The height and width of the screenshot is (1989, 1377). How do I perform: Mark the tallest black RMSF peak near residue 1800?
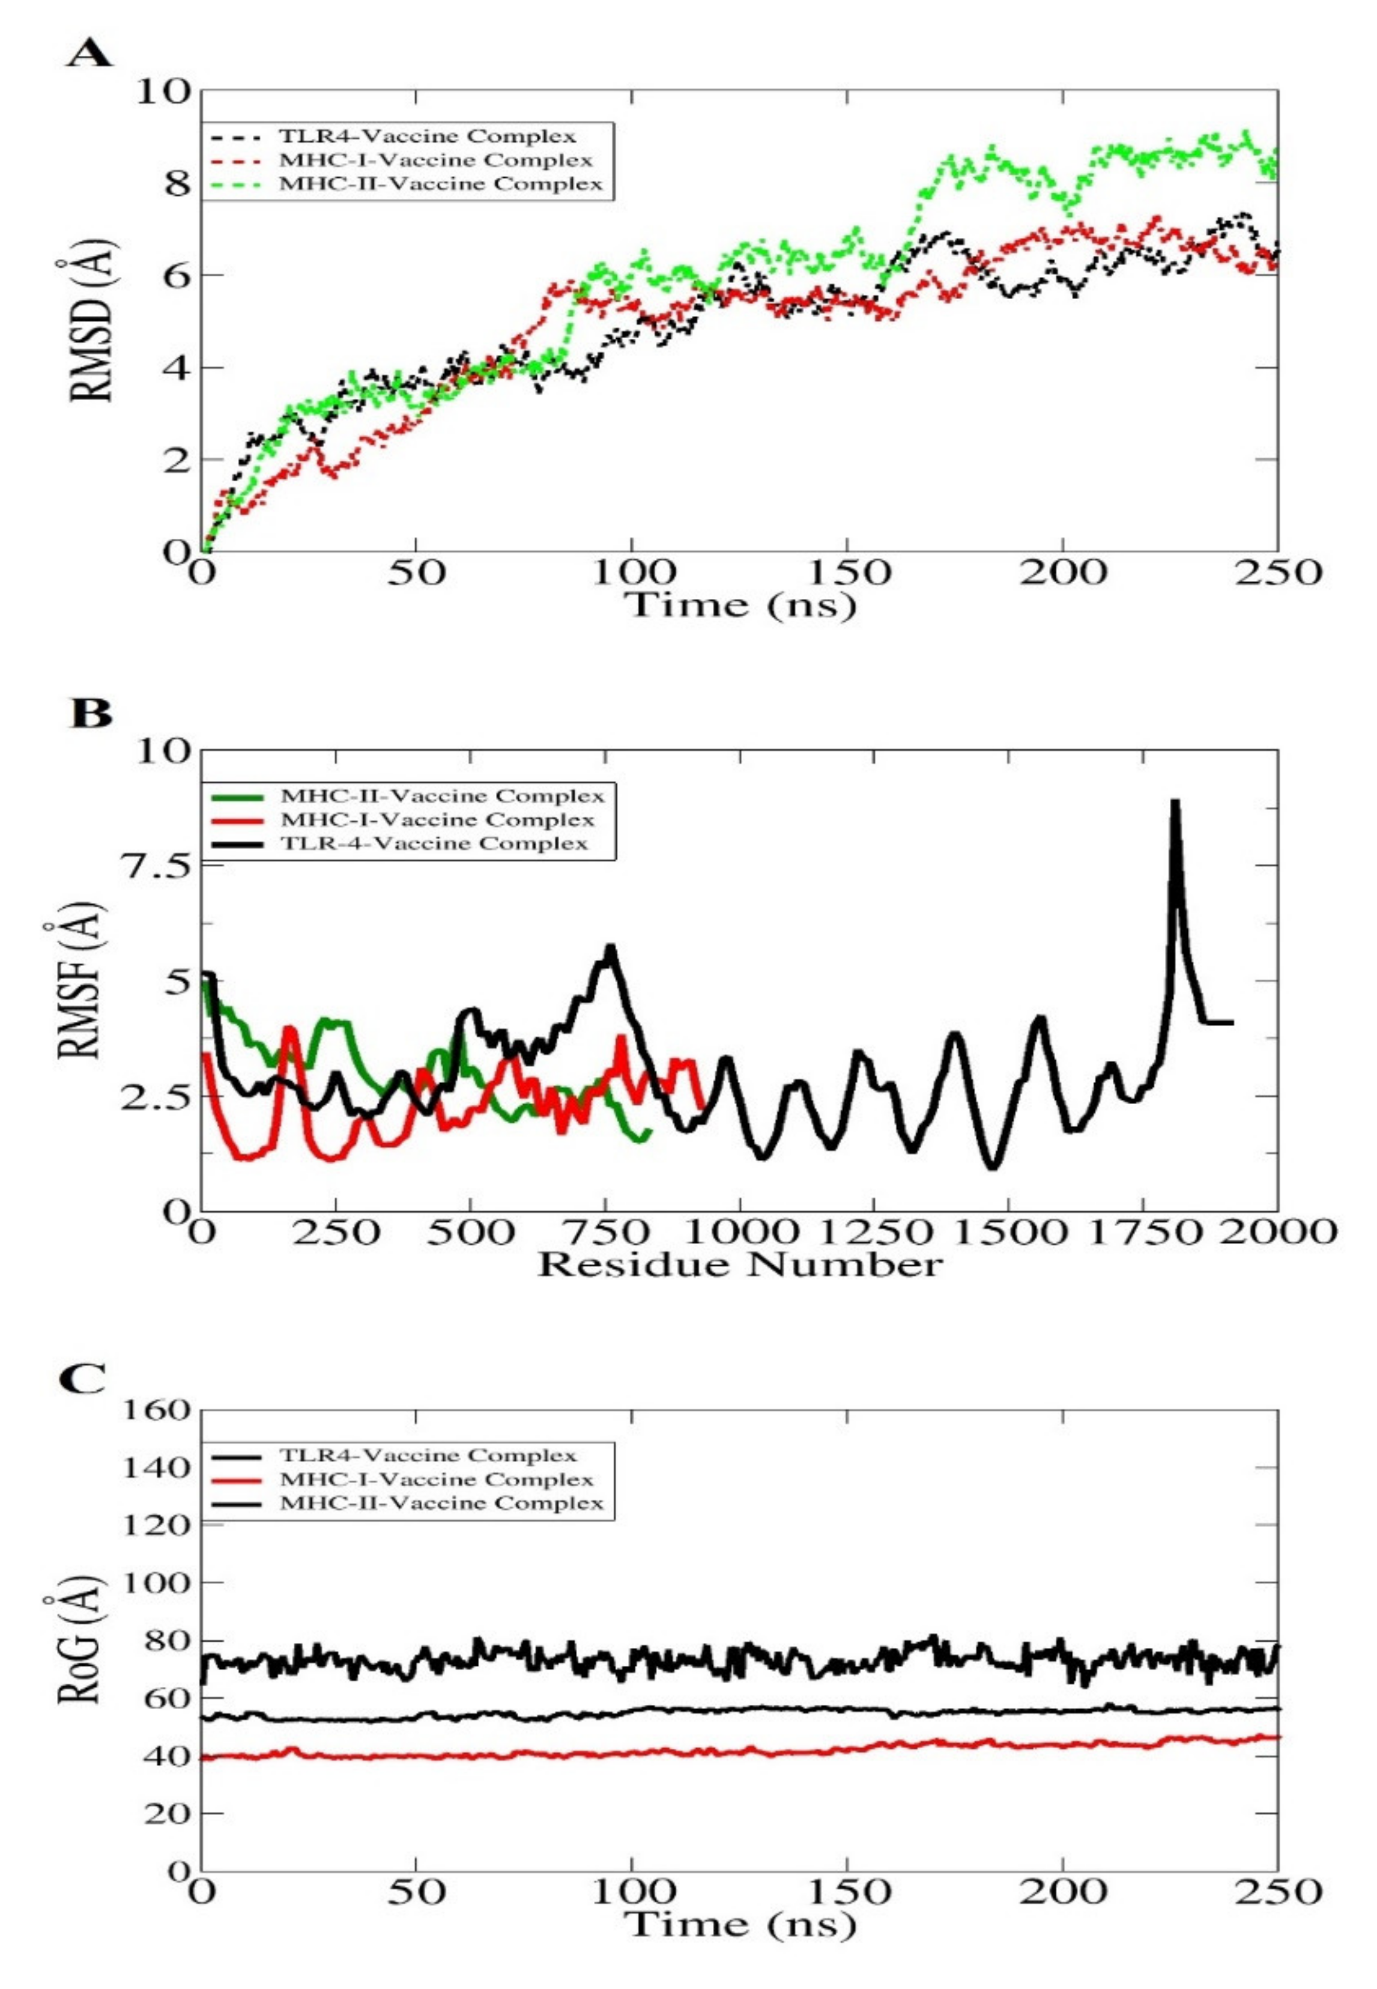(x=1174, y=803)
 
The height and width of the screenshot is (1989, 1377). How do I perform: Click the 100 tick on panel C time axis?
(x=632, y=1892)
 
